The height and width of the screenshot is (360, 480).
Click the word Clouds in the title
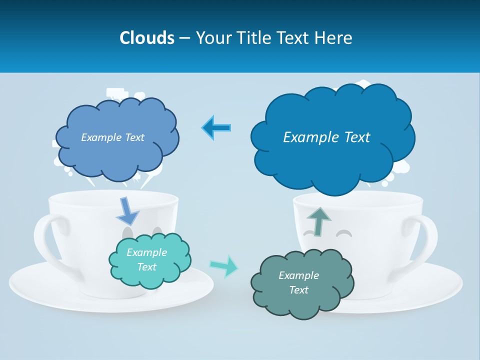click(147, 38)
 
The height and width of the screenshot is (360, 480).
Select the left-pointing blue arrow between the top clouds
click(216, 127)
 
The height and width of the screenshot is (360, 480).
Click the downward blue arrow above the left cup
click(127, 210)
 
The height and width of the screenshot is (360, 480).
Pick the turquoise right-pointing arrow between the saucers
click(223, 265)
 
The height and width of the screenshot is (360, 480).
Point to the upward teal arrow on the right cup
click(318, 220)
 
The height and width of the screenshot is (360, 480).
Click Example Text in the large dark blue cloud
click(326, 137)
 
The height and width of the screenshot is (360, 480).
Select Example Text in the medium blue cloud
click(112, 137)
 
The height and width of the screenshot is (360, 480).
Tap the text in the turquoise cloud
click(147, 259)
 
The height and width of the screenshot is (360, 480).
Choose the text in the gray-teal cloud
click(298, 282)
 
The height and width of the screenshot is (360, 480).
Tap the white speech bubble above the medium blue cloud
click(116, 93)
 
